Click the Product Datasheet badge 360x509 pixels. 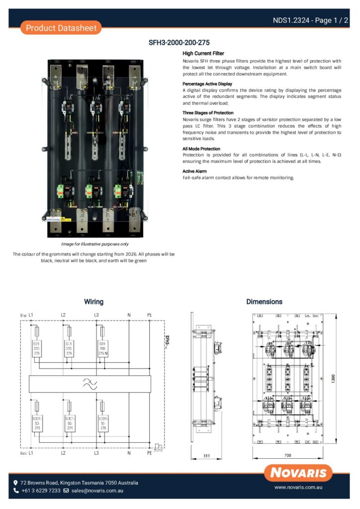(x=61, y=28)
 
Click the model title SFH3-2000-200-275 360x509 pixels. (x=180, y=43)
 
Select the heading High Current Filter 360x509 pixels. (x=203, y=53)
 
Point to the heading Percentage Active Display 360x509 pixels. (x=207, y=84)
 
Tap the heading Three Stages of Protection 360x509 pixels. (x=208, y=113)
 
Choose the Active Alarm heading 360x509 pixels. (x=194, y=171)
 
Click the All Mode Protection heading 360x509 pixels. (x=201, y=149)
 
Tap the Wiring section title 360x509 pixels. (x=93, y=302)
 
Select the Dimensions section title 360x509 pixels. (x=264, y=302)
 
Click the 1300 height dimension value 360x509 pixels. (x=340, y=379)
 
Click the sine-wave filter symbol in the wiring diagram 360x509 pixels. (x=90, y=383)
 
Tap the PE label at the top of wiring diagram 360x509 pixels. (x=150, y=315)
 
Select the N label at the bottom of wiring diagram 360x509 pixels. (x=129, y=453)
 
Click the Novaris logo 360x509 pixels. (x=298, y=473)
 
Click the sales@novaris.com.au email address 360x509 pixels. (x=97, y=491)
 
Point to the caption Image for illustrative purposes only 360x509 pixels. (x=94, y=244)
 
